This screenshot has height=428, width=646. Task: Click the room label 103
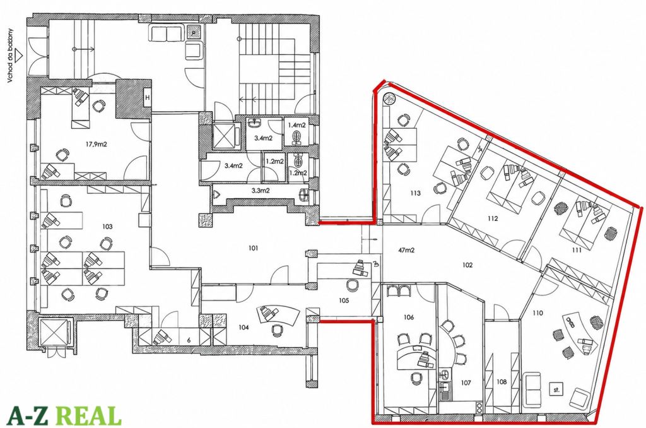(x=108, y=227)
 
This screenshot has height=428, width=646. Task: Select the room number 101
(x=253, y=248)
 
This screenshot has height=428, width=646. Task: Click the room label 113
(x=415, y=193)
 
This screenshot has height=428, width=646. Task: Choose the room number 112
(x=493, y=218)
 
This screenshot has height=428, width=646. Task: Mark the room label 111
(x=577, y=250)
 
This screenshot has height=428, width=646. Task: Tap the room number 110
(x=537, y=313)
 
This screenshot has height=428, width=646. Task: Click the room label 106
(x=409, y=317)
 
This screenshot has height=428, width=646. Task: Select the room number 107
(x=466, y=383)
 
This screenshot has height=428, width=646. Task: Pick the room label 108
(x=502, y=382)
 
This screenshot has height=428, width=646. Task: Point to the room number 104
(x=244, y=327)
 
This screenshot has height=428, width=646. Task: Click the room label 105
(x=344, y=300)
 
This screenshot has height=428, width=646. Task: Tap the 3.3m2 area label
(x=261, y=191)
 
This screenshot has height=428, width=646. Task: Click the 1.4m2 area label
(x=297, y=124)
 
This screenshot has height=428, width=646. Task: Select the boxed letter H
(x=147, y=98)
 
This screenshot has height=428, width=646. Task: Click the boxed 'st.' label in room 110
(x=556, y=389)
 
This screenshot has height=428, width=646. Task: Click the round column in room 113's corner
(x=389, y=99)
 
